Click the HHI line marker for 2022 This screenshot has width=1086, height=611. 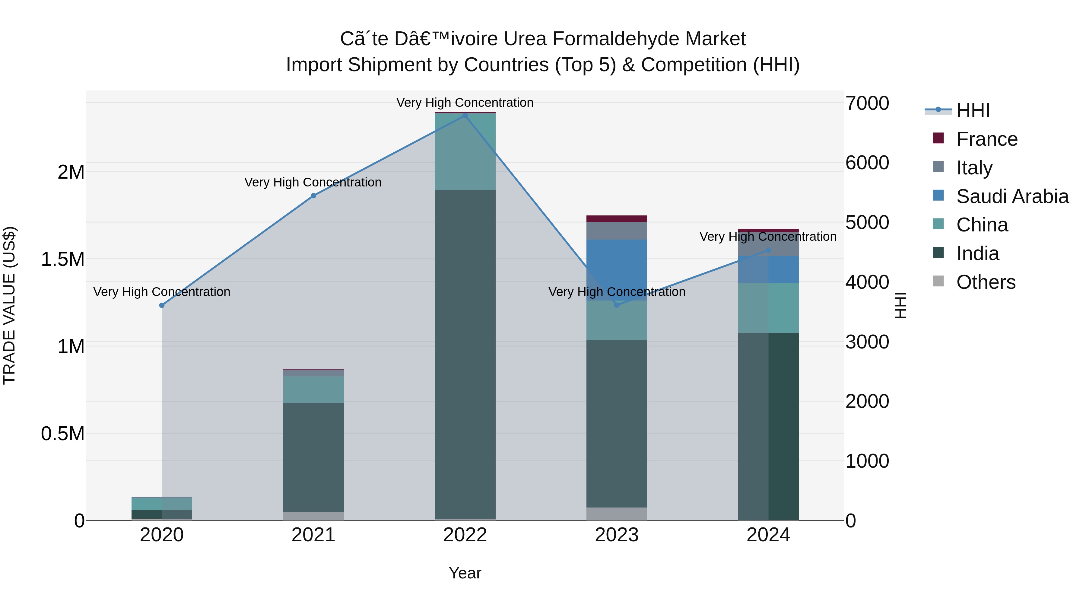tap(465, 115)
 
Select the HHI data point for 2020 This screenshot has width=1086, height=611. tap(162, 305)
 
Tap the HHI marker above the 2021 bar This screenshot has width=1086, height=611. tap(313, 196)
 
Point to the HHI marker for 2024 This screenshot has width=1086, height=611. tap(768, 250)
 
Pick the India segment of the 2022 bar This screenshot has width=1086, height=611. tap(465, 354)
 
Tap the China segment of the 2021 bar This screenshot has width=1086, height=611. tap(313, 390)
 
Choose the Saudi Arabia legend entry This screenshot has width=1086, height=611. tap(1012, 196)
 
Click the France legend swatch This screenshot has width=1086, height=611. tap(938, 138)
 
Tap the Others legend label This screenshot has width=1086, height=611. tap(986, 282)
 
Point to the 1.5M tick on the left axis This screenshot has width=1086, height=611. tap(63, 259)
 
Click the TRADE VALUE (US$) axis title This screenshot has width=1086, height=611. tap(9, 305)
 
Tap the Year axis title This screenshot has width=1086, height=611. tap(465, 573)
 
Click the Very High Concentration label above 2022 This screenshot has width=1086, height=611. tap(465, 103)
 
